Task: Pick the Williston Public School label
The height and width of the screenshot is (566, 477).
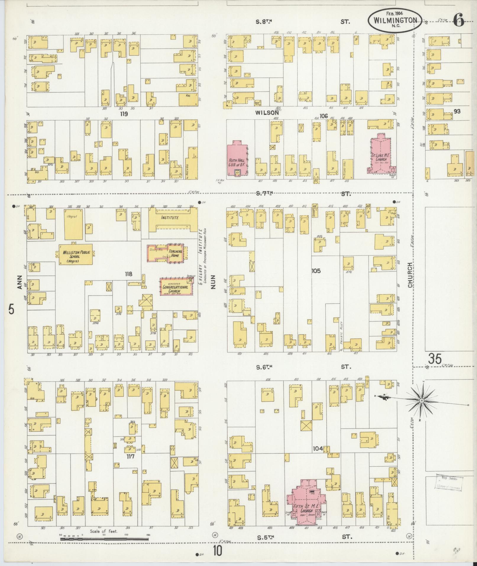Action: tap(75, 254)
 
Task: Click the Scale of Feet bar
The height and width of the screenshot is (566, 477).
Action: tap(104, 539)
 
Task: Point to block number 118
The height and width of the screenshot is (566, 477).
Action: tap(128, 274)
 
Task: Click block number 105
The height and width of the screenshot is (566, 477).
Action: tap(316, 271)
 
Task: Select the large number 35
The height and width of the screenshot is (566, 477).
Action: tap(435, 359)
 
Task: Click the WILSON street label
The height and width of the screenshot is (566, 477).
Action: tap(267, 113)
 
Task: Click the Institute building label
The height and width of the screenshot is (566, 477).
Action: tap(169, 218)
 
